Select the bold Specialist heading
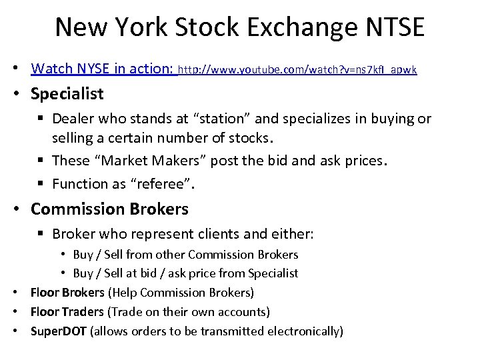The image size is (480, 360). tap(67, 93)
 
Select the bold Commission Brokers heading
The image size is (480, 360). tap(109, 209)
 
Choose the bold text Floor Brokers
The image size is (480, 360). tap(67, 293)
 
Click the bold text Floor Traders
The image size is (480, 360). tap(67, 311)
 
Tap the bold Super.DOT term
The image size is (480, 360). tap(59, 331)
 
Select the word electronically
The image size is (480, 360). tap(305, 331)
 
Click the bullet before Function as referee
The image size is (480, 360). tap(42, 183)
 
